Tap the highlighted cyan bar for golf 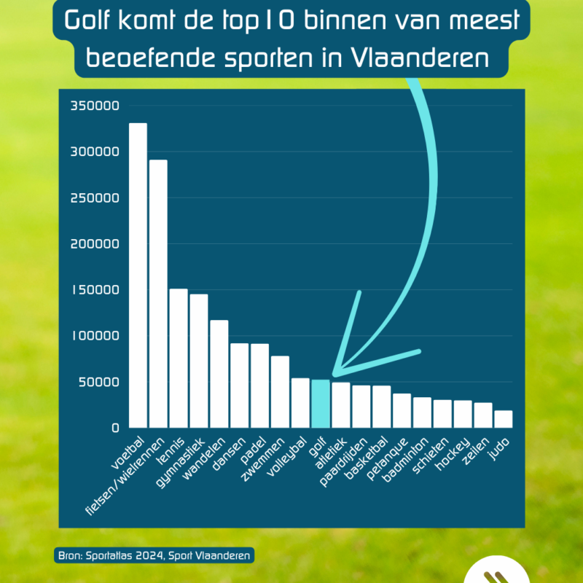[321, 404]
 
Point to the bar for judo [503, 419]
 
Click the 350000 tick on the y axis [94, 106]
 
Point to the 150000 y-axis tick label [94, 290]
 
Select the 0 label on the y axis [114, 428]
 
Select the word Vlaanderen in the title [435, 58]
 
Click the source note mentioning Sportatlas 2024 [154, 555]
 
